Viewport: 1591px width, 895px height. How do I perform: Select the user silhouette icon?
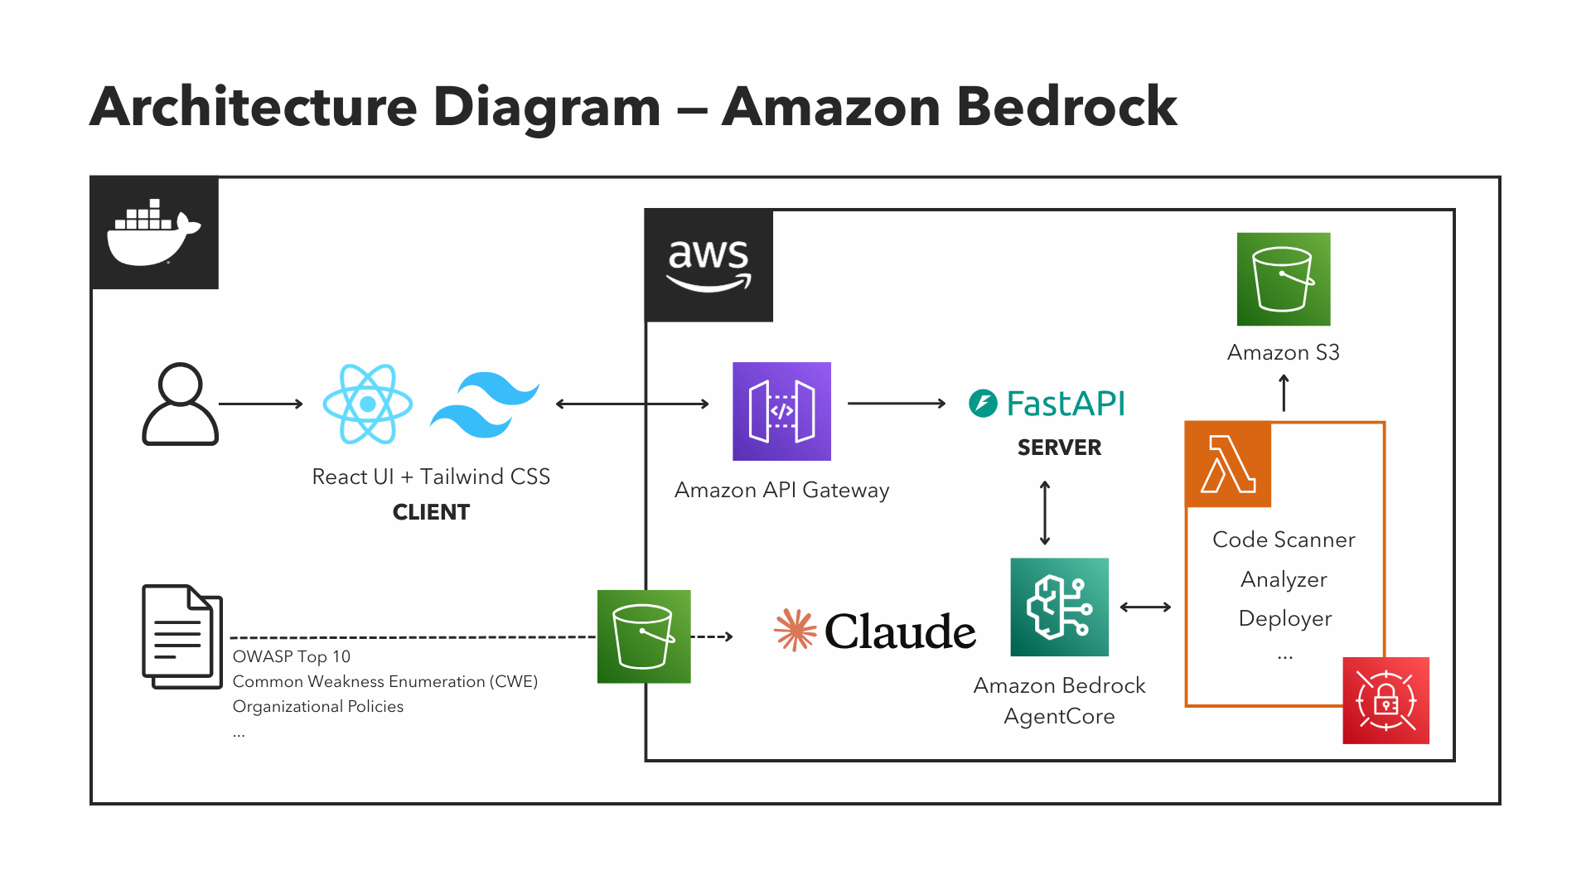(180, 404)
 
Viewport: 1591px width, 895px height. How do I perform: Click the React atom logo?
(367, 404)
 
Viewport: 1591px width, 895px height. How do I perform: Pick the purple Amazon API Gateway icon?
(781, 411)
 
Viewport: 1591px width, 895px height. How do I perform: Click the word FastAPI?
(1066, 404)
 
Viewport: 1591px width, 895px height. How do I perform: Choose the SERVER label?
(1059, 447)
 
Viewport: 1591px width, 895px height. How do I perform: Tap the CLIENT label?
(431, 512)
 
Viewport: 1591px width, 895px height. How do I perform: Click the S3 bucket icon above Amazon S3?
(1284, 279)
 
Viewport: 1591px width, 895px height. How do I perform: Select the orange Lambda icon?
(1229, 465)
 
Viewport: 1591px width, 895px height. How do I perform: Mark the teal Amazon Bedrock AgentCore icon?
(1059, 607)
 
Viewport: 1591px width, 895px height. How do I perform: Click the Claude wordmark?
(900, 631)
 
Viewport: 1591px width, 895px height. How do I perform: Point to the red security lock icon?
(1385, 700)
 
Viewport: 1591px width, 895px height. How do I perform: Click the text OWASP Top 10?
(292, 656)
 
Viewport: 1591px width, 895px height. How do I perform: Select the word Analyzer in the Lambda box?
(1284, 579)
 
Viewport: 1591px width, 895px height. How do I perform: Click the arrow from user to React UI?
(261, 404)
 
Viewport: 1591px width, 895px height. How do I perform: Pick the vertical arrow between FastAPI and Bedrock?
(1045, 513)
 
